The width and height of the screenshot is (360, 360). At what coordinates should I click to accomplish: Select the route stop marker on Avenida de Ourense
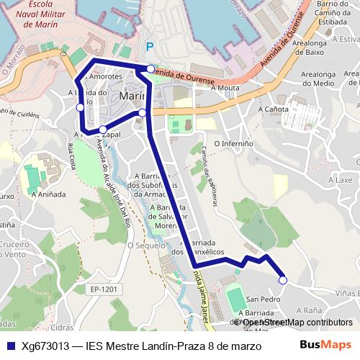[x=150, y=69]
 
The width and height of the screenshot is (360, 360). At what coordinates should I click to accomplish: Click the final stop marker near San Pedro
[x=282, y=281]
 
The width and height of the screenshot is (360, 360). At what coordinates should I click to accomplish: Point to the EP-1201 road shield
[x=104, y=289]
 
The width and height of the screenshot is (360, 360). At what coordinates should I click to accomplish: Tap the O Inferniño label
[x=241, y=143]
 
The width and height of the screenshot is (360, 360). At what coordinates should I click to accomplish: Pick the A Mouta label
[x=224, y=89]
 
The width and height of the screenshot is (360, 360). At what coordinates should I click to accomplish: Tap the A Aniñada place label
[x=48, y=194]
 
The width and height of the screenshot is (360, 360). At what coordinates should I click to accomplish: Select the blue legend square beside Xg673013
[x=11, y=346]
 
